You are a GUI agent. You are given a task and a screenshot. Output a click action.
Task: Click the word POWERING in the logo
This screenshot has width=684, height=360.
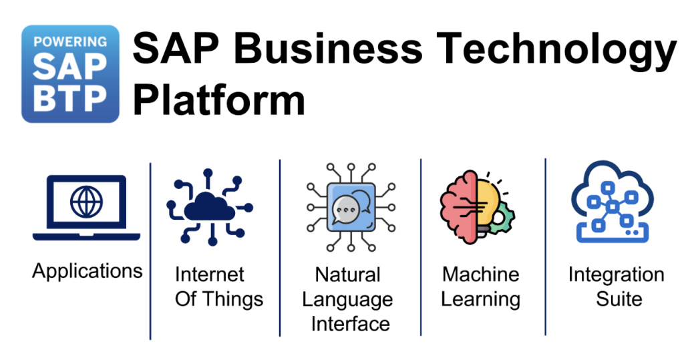pyautogui.click(x=70, y=41)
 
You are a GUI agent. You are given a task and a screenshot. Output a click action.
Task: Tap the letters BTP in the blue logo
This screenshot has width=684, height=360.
pyautogui.click(x=70, y=98)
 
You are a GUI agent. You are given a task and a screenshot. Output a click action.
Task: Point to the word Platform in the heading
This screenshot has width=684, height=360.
pyautogui.click(x=219, y=100)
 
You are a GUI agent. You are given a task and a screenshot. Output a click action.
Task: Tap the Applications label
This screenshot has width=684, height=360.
pyautogui.click(x=88, y=271)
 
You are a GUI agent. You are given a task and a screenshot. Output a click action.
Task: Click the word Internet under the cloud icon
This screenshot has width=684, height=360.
pyautogui.click(x=210, y=275)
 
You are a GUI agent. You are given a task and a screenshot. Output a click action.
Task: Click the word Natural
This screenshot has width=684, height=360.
pyautogui.click(x=347, y=275)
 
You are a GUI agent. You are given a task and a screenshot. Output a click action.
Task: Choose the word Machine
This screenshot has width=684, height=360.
pyautogui.click(x=480, y=275)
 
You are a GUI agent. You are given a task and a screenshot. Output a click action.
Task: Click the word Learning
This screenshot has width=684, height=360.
pyautogui.click(x=480, y=299)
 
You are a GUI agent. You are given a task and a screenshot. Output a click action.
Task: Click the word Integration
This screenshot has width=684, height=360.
pyautogui.click(x=616, y=275)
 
